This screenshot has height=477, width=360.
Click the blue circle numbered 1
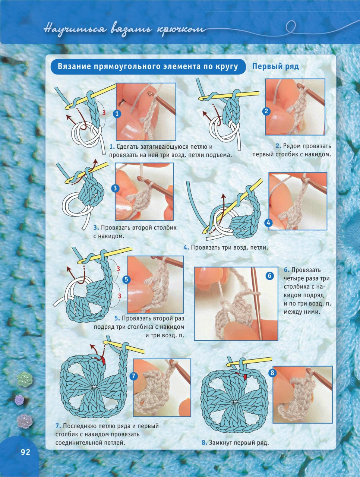117,114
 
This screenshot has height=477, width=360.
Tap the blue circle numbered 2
266,111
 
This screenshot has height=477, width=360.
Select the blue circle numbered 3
115,188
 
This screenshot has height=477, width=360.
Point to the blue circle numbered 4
269,223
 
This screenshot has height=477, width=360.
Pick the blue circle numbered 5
126,279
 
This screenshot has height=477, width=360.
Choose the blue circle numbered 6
269,276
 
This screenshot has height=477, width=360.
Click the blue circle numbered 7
133,376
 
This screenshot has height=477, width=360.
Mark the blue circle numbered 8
272,373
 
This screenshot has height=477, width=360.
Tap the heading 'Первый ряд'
275,66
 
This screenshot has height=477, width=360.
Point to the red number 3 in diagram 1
104,113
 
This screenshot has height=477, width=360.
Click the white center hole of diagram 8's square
234,401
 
